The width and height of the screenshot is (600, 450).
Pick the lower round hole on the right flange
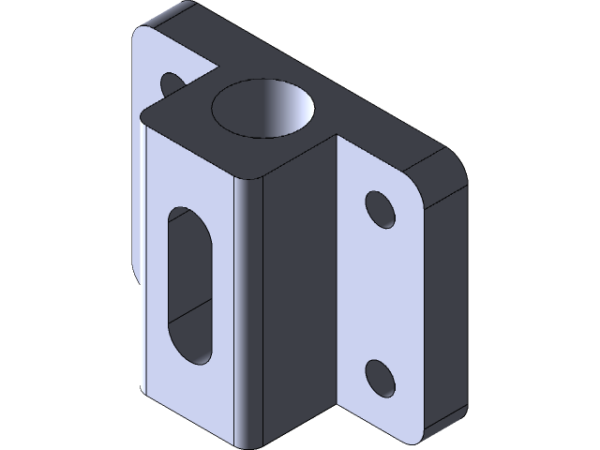(379, 376)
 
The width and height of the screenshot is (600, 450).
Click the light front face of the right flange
(375, 291)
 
